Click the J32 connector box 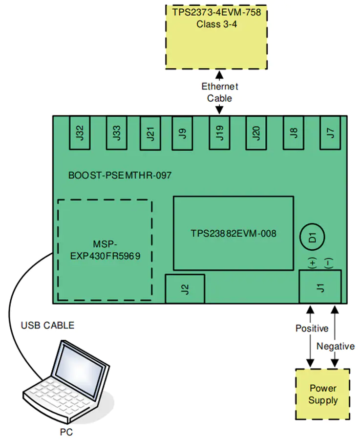(80, 132)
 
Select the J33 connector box (116, 132)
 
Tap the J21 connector (150, 133)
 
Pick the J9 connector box (182, 133)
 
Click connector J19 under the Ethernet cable (219, 132)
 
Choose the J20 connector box (256, 132)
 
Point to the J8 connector (293, 132)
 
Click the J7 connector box (330, 132)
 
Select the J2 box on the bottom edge (185, 289)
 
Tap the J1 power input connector (320, 287)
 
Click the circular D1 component (312, 237)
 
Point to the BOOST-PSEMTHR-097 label (120, 176)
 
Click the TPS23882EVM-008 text (233, 234)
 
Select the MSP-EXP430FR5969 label (105, 250)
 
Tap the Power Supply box (323, 394)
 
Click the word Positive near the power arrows (312, 329)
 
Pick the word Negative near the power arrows (335, 346)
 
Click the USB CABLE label (48, 325)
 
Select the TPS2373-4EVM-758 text (216, 12)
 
